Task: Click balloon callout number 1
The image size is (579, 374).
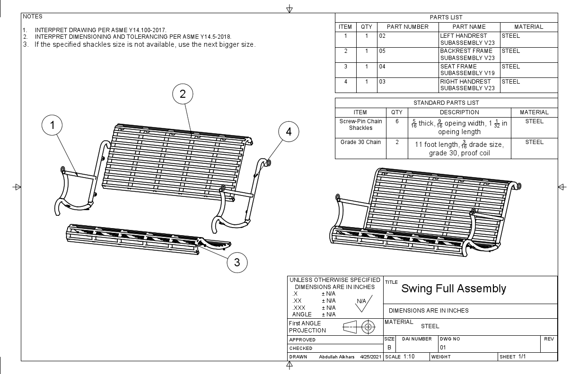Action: (x=53, y=125)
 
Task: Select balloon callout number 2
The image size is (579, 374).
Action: (x=183, y=94)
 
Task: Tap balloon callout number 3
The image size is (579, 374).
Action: (x=237, y=263)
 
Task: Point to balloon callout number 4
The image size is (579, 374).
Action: (x=289, y=132)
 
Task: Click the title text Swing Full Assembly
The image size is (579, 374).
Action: (x=453, y=289)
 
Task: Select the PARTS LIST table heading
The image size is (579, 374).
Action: (x=446, y=17)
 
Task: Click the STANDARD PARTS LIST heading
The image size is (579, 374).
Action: (x=446, y=103)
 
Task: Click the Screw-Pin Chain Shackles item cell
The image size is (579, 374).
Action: (x=360, y=125)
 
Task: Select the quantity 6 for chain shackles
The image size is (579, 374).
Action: (x=397, y=121)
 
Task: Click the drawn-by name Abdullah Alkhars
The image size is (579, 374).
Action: (x=337, y=357)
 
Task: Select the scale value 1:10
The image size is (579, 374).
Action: (x=409, y=357)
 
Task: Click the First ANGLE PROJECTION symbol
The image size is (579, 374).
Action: (x=358, y=327)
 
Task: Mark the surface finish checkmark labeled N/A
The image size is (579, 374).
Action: (x=362, y=303)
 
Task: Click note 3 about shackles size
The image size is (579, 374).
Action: (x=145, y=45)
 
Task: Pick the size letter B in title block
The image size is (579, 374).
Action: (x=389, y=347)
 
